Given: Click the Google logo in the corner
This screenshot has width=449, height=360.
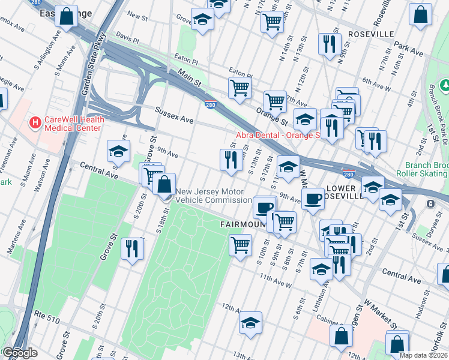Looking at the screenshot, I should (x=20, y=353).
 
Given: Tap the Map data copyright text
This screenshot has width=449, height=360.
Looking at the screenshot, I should (x=423, y=355).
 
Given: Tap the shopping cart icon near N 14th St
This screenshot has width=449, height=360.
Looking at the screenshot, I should (x=272, y=22).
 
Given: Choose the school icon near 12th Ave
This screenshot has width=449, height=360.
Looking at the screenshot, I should (x=250, y=323).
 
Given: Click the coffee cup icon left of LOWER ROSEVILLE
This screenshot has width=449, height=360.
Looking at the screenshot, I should (x=312, y=199).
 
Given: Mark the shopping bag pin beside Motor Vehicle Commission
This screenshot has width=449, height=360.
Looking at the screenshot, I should (x=164, y=184).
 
